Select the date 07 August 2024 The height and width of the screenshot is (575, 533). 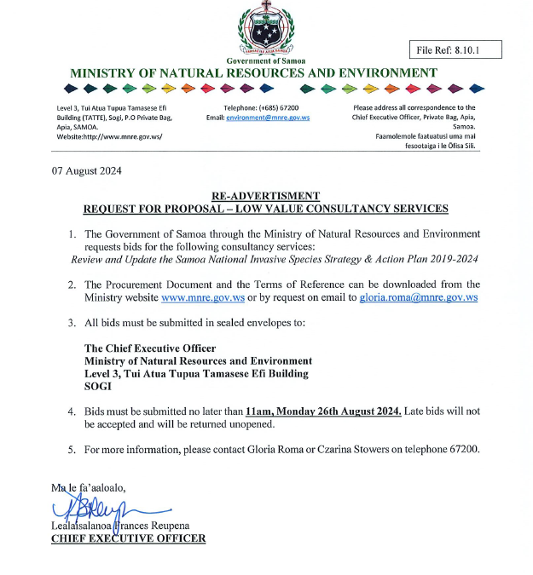click(x=87, y=170)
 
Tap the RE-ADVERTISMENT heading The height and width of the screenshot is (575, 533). click(x=265, y=196)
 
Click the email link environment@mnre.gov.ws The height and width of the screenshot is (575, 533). click(x=269, y=118)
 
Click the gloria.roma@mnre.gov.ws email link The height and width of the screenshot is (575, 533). click(x=419, y=297)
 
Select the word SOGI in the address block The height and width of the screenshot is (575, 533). click(x=98, y=385)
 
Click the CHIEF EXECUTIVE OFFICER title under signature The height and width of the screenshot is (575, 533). click(x=128, y=538)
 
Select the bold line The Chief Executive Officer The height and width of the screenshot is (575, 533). click(x=150, y=348)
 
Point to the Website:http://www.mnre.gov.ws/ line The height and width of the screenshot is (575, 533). click(x=108, y=136)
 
